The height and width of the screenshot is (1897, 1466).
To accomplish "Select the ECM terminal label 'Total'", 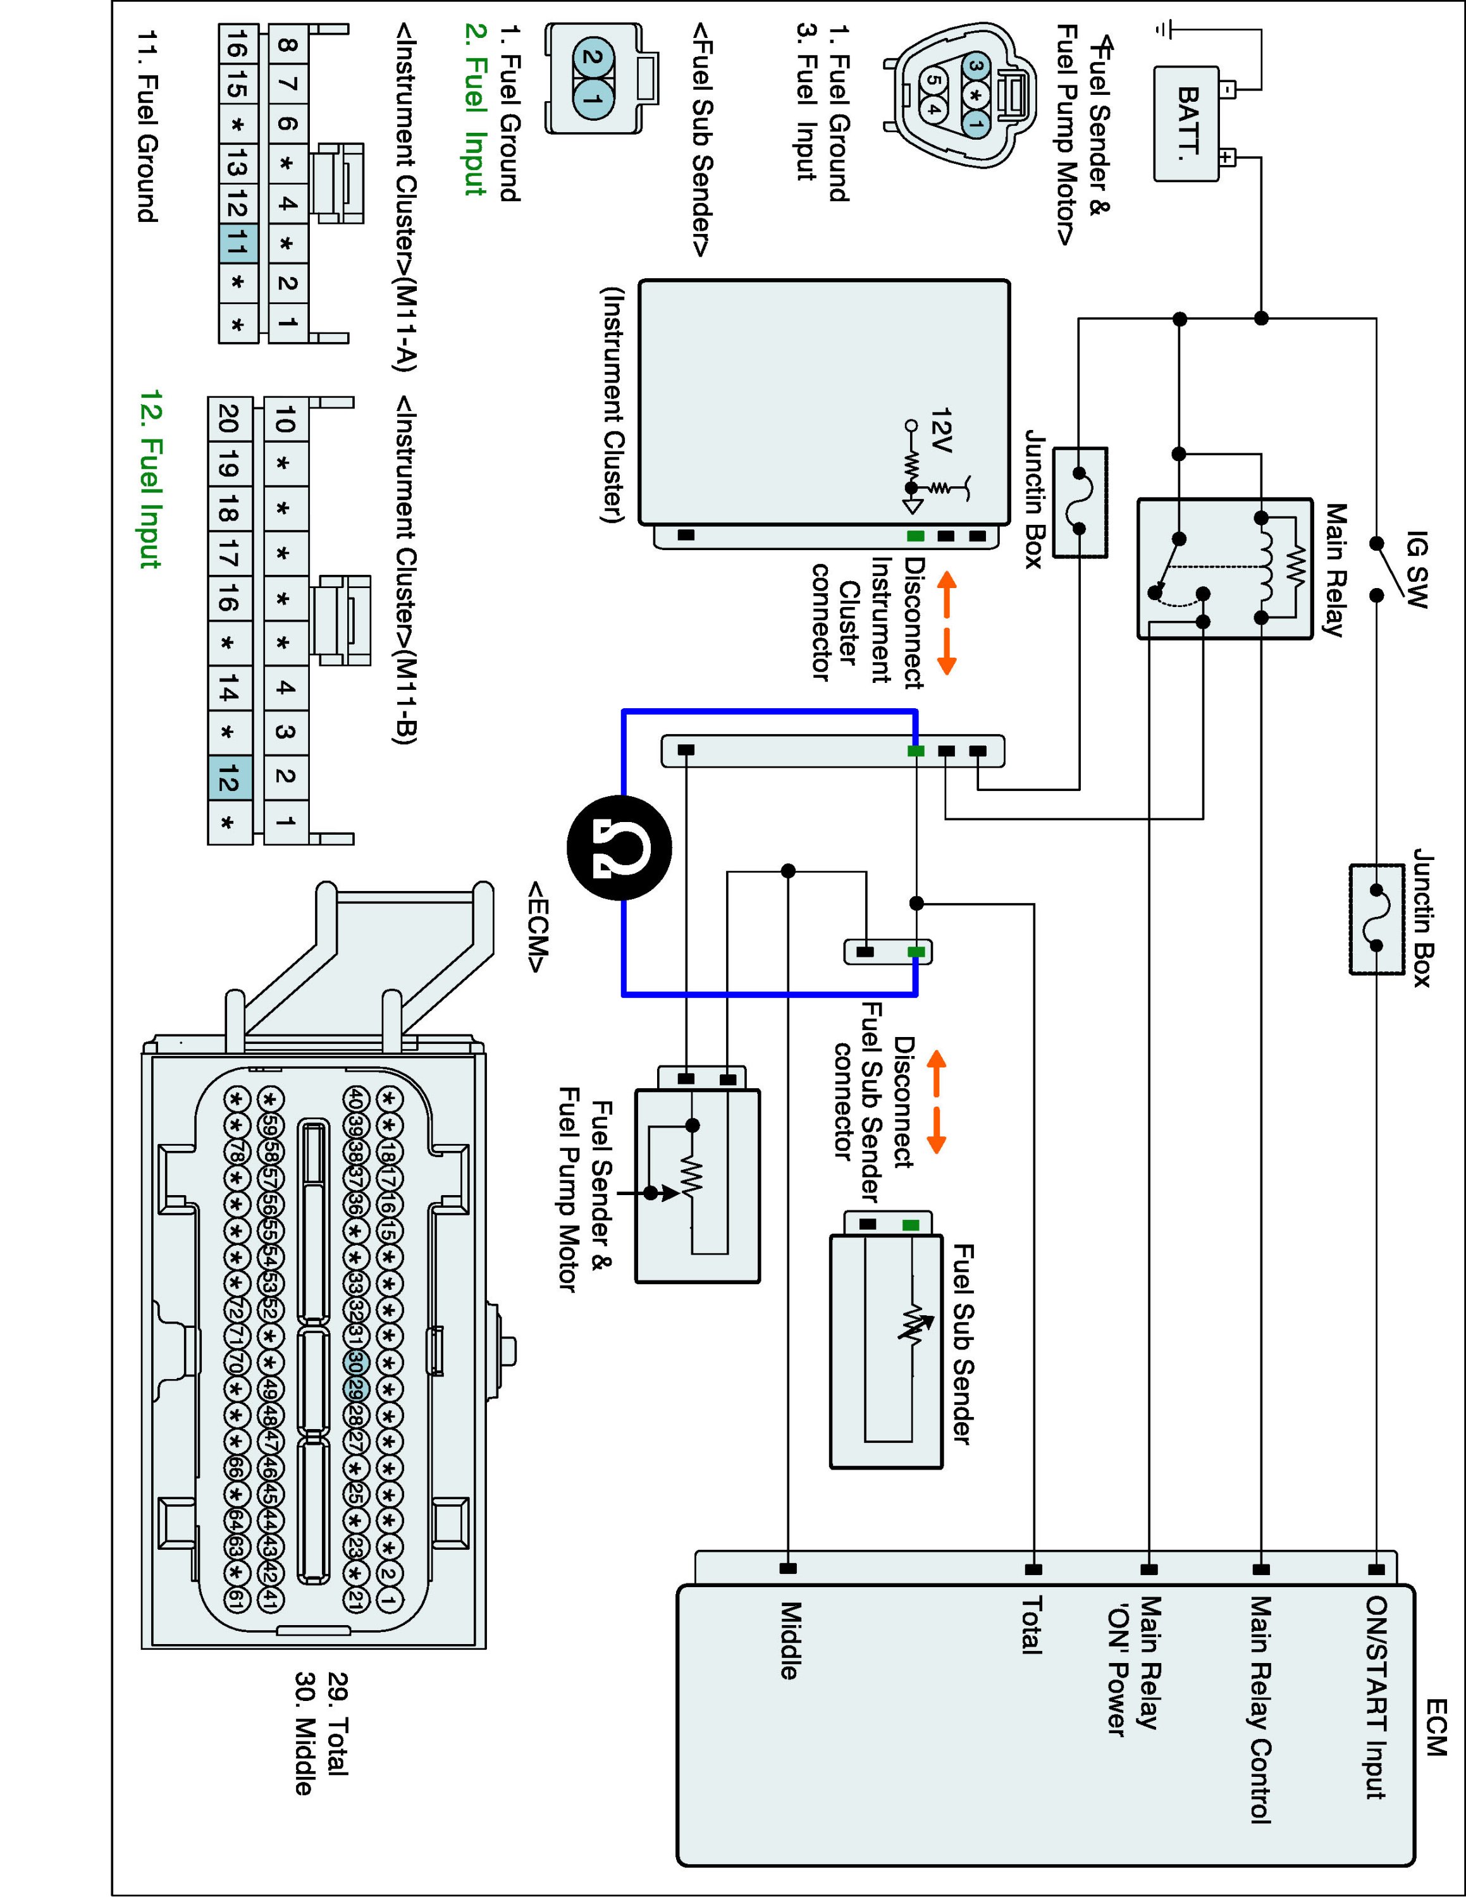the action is [x=1030, y=1624].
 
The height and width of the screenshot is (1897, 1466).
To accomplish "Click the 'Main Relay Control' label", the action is [x=1260, y=1709].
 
